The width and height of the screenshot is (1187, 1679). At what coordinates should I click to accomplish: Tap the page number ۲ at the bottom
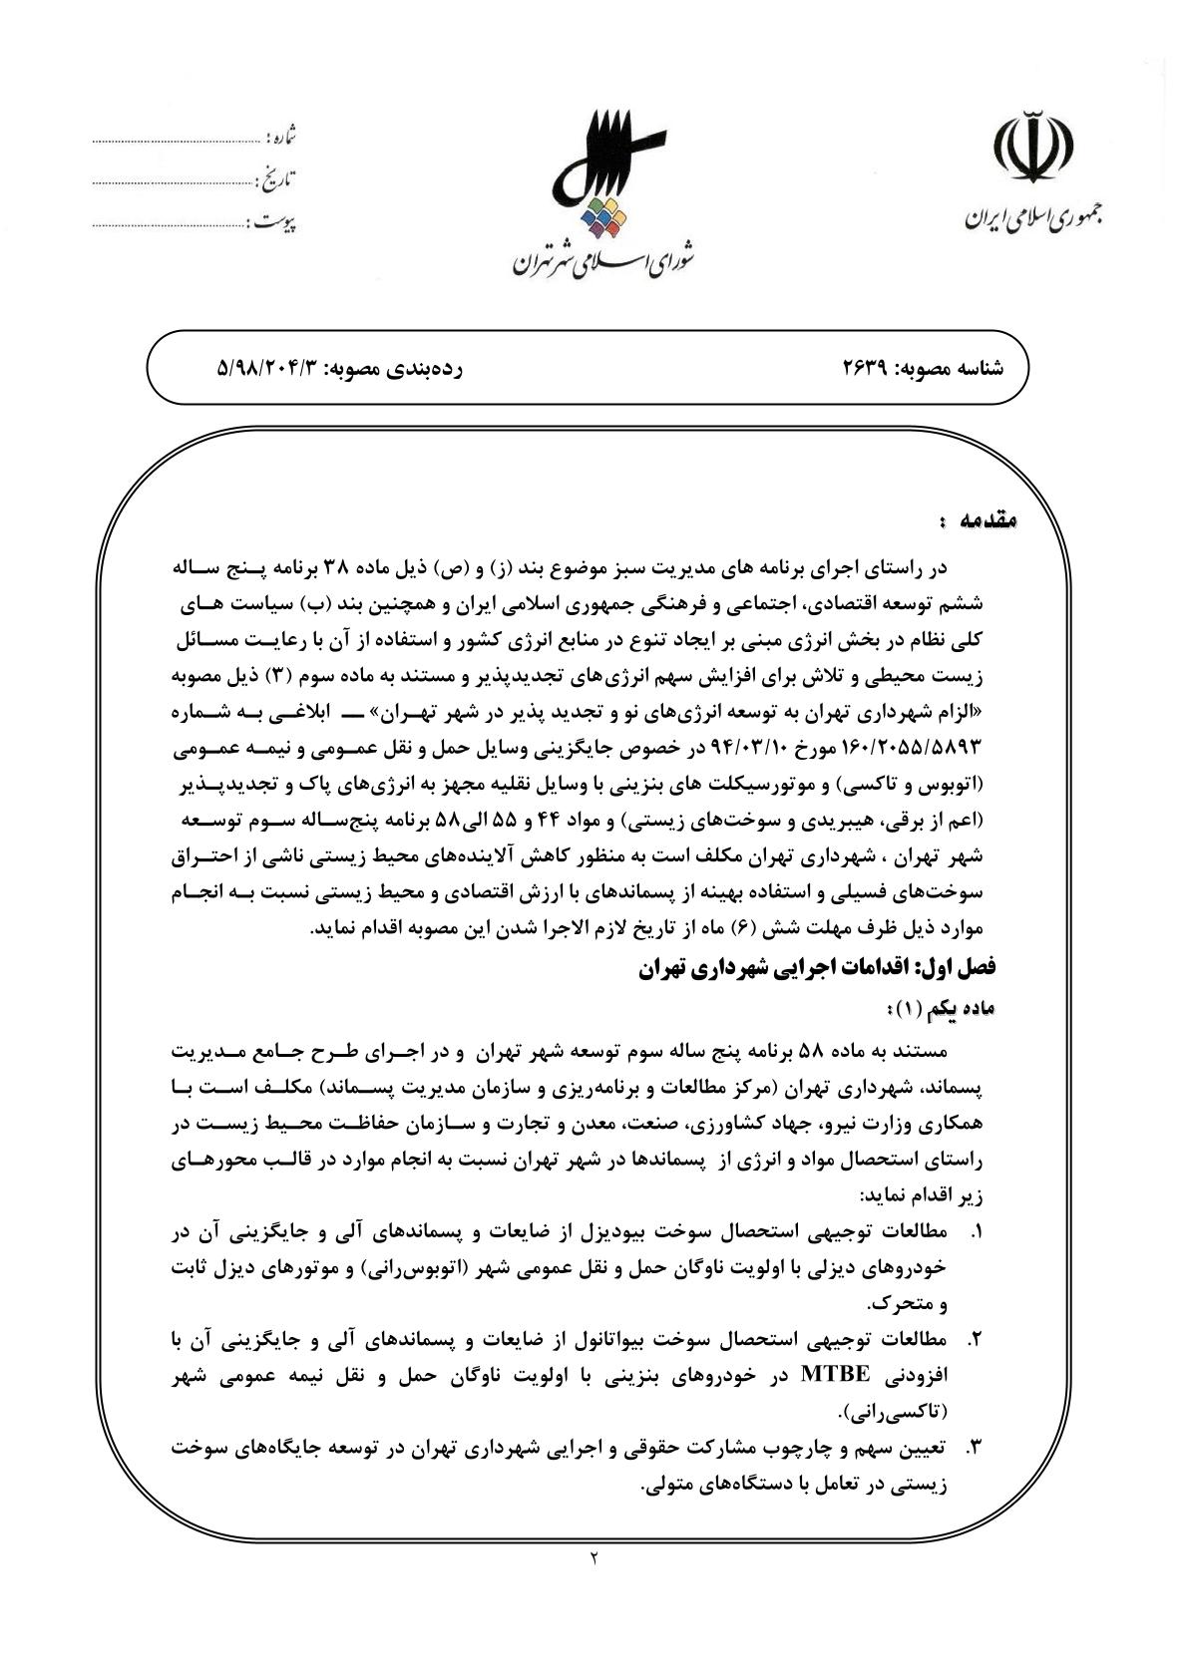(x=593, y=1556)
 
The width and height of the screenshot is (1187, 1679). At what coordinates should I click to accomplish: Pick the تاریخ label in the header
(x=278, y=180)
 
